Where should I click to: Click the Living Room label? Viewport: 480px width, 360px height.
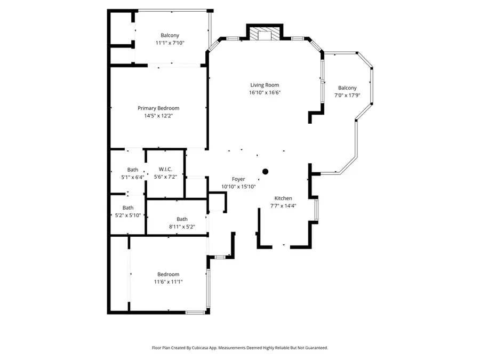pos(265,85)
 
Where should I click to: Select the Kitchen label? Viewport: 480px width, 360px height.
pos(283,198)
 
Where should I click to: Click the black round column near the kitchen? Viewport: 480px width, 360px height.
pos(265,171)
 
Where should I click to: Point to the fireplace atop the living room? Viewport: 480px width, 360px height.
pos(264,34)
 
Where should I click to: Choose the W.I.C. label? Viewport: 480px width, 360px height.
pos(165,170)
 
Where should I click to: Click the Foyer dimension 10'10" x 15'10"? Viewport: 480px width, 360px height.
pos(238,187)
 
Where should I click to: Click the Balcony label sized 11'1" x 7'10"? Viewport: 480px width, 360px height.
pos(170,36)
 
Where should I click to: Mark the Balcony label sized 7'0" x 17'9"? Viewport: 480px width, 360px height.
pos(347,88)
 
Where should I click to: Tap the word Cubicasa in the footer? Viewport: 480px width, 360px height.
pos(209,348)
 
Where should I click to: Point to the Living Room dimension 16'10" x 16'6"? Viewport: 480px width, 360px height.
pos(265,92)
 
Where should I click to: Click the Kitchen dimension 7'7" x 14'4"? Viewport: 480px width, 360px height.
pos(283,206)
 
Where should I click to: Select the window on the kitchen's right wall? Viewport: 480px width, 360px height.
pos(317,210)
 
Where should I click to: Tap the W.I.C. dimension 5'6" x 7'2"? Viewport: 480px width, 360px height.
pos(165,177)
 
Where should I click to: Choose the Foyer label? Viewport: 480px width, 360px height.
pos(238,179)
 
